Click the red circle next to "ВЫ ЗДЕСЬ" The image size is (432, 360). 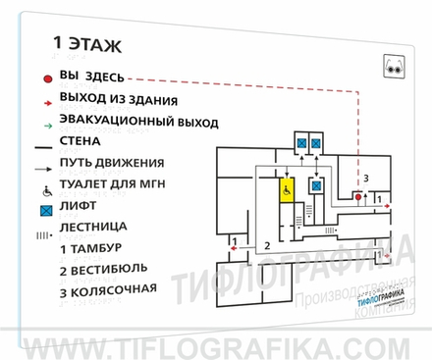coord(47,77)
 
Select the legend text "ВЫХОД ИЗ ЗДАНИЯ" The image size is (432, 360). coord(118,99)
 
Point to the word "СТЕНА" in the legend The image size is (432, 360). coord(86,142)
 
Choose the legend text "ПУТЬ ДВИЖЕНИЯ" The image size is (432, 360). coord(111,163)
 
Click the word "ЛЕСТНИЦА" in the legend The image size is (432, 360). coord(97,227)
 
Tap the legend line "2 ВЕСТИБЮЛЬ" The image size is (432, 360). coord(103,269)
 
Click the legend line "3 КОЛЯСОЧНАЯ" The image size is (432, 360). coord(108,290)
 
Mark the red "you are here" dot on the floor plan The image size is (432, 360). coord(357,197)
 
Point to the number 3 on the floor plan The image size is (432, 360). coord(365,178)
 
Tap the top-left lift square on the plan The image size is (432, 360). coord(300,143)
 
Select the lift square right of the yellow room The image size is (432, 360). coord(316,185)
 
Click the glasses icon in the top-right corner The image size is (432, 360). coord(394,69)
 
